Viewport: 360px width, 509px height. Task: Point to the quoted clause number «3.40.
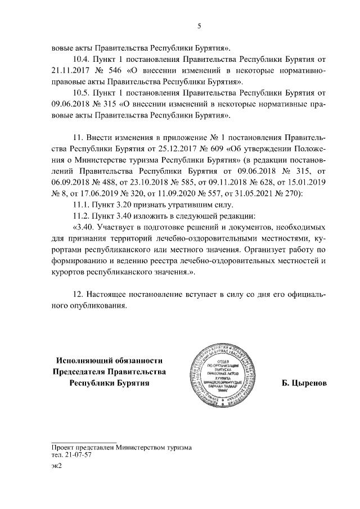point(84,231)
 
